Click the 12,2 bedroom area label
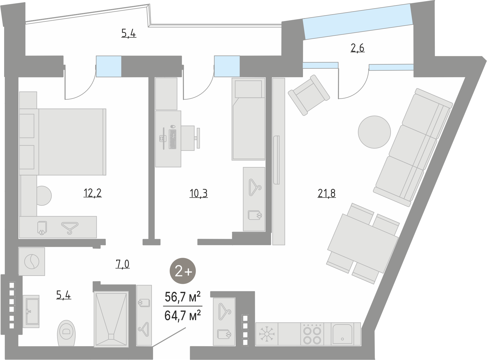pos(93,193)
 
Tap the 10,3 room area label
pos(199,193)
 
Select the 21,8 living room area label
pos(327,193)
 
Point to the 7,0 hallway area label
pos(122,264)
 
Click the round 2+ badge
pos(183,272)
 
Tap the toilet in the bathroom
pos(66,333)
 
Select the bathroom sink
pos(31,311)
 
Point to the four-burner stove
pos(312,334)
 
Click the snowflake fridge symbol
pos(266,334)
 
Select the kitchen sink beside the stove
pos(342,334)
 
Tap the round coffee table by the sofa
pos(374,132)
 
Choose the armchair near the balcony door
pos(309,95)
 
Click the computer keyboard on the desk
pos(173,139)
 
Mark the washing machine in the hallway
pos(32,261)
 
